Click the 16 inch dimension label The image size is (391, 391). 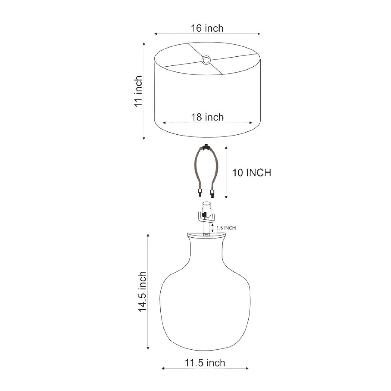207,28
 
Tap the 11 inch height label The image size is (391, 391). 138,91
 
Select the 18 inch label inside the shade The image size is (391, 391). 207,117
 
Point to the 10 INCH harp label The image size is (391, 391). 252,173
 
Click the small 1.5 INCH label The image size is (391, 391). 226,228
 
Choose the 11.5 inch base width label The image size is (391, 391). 205,363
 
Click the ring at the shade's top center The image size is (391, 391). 206,60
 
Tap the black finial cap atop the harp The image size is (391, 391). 206,147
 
